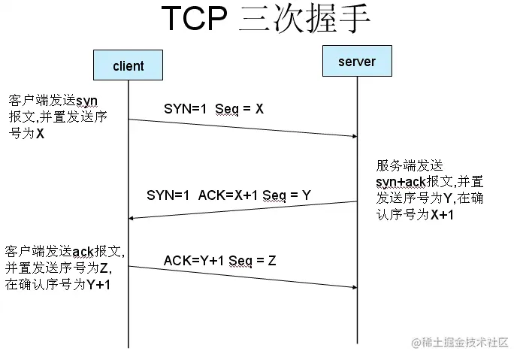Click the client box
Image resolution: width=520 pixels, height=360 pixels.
(x=128, y=65)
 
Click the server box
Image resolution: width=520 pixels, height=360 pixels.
(x=357, y=61)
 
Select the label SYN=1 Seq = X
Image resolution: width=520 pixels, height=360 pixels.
(x=213, y=109)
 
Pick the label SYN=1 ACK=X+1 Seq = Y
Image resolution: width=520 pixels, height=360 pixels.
(x=228, y=195)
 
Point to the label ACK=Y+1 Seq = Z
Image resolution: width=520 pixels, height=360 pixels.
(x=219, y=261)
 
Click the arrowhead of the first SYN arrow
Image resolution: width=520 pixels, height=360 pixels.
(x=353, y=136)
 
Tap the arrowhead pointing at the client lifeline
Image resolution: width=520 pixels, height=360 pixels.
(x=132, y=218)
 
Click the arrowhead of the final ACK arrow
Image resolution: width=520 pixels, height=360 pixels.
(x=353, y=286)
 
